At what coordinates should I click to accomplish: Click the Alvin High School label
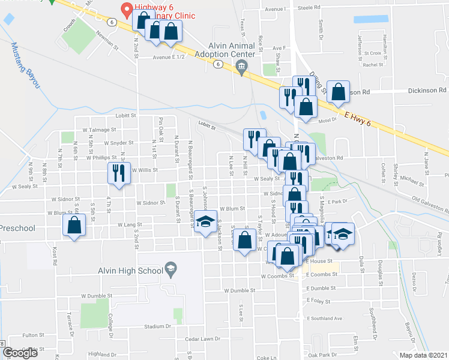[x=130, y=271]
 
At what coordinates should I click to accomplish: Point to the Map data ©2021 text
[x=423, y=355]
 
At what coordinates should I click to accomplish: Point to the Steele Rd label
[x=310, y=7]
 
